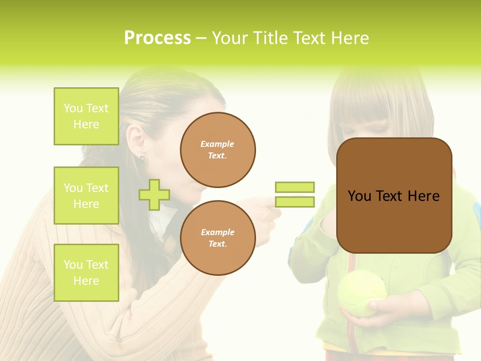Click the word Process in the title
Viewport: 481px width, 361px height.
(x=157, y=38)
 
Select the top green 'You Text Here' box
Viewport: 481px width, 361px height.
(x=86, y=116)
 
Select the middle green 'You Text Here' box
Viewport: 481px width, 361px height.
(x=86, y=196)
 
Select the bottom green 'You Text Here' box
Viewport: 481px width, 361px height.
(x=86, y=272)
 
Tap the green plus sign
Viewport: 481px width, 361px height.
(x=154, y=195)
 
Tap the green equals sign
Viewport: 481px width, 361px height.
(x=295, y=195)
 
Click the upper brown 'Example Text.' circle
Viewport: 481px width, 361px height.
(x=217, y=150)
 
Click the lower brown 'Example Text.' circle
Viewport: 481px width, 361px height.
(x=217, y=238)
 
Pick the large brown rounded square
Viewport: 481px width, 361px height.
(x=394, y=196)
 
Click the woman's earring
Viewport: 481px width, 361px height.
(x=142, y=159)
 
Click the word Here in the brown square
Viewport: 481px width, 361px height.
(x=423, y=196)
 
